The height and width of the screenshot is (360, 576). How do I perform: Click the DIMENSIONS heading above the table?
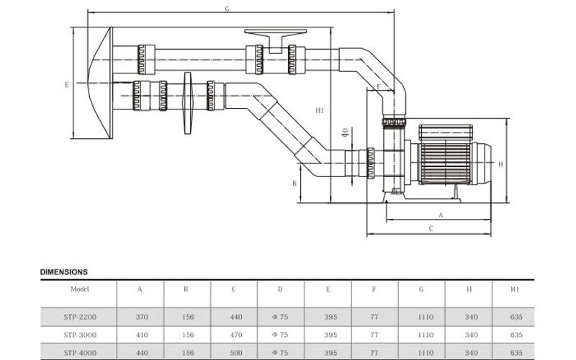tap(63, 273)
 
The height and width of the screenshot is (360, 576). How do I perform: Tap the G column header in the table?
tap(420, 289)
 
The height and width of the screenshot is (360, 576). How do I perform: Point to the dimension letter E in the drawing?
tap(66, 84)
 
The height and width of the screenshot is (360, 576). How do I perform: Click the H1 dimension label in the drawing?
tap(320, 110)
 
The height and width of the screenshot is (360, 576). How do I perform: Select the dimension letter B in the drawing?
tap(294, 184)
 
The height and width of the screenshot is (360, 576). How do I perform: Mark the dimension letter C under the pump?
tap(431, 229)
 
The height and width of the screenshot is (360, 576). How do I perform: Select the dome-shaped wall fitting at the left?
tap(99, 83)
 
